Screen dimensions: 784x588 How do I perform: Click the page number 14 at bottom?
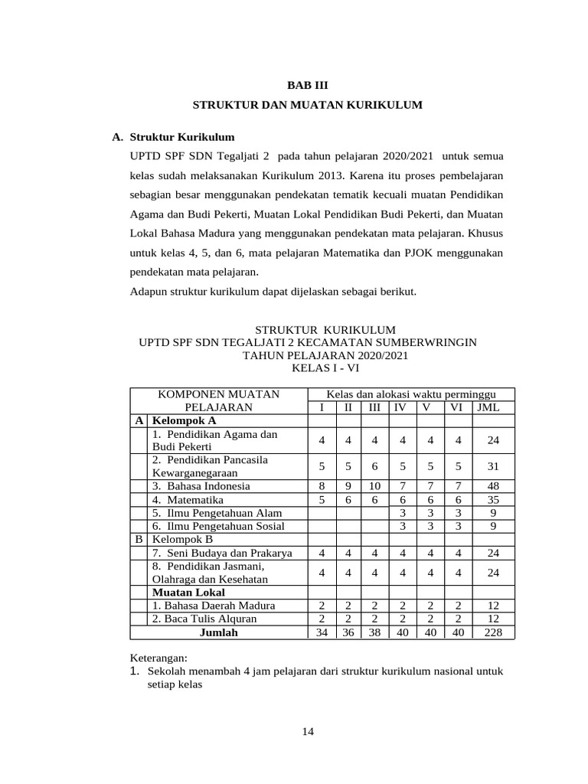[307, 732]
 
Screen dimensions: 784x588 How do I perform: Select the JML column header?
[488, 407]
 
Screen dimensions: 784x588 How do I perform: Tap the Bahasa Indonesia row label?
[201, 485]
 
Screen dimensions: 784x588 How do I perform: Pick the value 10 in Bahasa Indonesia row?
[374, 485]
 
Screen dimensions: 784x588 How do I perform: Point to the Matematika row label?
[187, 499]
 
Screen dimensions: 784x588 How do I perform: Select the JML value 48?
[494, 485]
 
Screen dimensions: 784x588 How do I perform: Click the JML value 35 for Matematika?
[494, 499]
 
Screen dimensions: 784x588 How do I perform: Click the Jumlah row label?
[218, 632]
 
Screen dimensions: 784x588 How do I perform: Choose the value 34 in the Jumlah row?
[322, 632]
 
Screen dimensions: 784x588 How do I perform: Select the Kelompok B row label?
[184, 539]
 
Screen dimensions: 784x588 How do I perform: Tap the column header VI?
[456, 407]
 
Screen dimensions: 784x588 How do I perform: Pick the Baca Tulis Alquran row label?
[204, 619]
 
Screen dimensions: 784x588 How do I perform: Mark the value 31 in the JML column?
[494, 467]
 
